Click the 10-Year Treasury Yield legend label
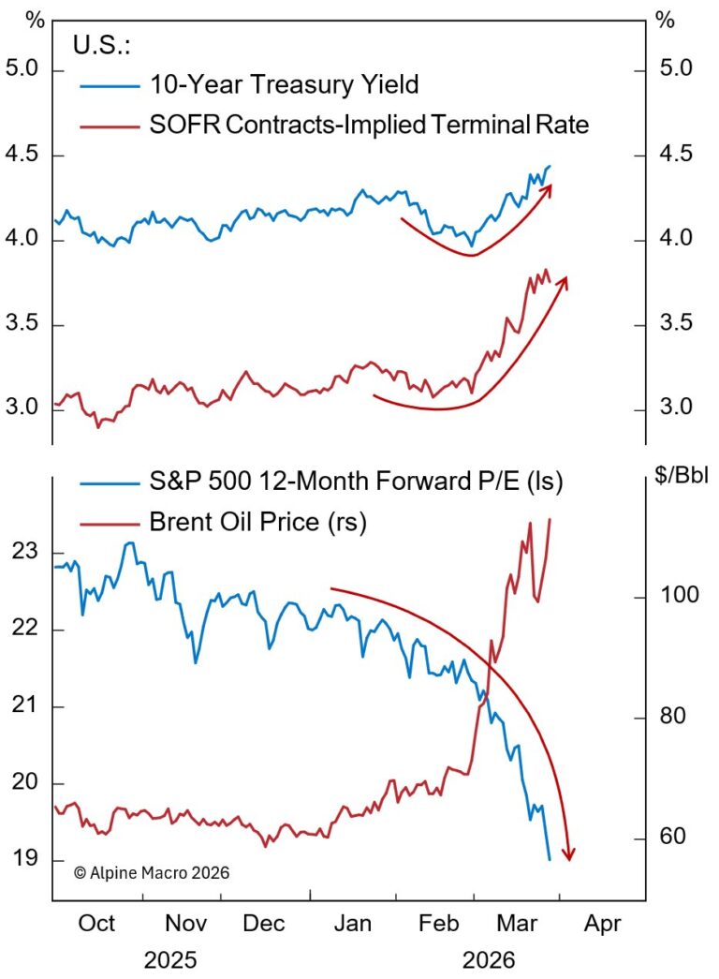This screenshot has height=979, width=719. (284, 84)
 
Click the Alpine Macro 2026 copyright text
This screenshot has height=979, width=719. (151, 871)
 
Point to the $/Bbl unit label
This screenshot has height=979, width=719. (682, 476)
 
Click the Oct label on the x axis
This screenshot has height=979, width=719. (96, 923)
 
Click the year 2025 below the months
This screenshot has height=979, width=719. (178, 959)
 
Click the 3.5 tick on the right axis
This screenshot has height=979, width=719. (676, 324)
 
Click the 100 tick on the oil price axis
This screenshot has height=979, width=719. (680, 598)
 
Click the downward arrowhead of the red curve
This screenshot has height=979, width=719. (568, 853)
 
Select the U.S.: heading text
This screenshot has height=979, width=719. (103, 45)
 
